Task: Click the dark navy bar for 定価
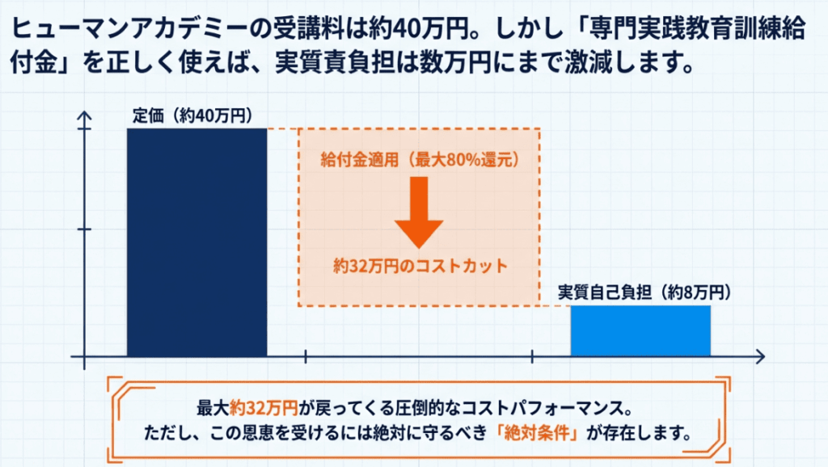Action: click(197, 242)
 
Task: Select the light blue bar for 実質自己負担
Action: click(640, 330)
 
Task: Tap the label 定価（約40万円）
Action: click(192, 116)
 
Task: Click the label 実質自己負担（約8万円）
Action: click(644, 292)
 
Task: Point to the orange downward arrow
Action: click(419, 212)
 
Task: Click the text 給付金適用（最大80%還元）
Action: click(420, 159)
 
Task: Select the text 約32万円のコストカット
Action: click(420, 266)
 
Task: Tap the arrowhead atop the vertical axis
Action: click(84, 116)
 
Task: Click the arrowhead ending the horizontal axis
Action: click(760, 357)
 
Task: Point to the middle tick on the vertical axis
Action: click(84, 229)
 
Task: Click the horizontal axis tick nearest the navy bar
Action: click(305, 357)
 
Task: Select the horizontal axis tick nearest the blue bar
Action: click(532, 357)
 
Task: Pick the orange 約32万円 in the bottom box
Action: click(264, 408)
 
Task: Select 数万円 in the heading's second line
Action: click(456, 64)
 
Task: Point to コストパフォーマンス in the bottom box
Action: click(540, 408)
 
